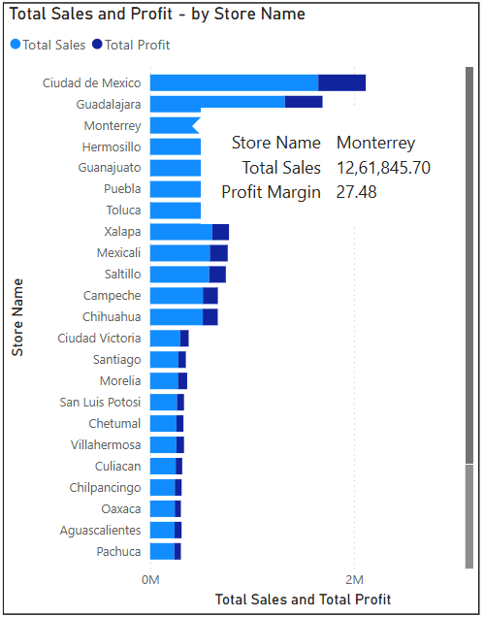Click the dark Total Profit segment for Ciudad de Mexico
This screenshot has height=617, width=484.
pyautogui.click(x=342, y=82)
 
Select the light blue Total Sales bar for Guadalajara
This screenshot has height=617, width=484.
pyautogui.click(x=217, y=102)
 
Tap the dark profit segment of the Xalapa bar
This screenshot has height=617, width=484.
pyautogui.click(x=221, y=232)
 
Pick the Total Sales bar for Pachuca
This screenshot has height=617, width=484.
pyautogui.click(x=162, y=551)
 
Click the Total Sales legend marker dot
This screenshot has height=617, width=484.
pyautogui.click(x=16, y=44)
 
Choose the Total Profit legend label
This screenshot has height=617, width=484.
pyautogui.click(x=138, y=45)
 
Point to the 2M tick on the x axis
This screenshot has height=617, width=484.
pyautogui.click(x=355, y=579)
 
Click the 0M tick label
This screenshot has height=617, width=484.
pyautogui.click(x=150, y=579)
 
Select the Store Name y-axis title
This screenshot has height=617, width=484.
pyautogui.click(x=17, y=317)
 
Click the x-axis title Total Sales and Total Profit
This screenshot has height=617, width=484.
pyautogui.click(x=303, y=600)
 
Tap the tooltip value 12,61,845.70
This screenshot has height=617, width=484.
pyautogui.click(x=383, y=168)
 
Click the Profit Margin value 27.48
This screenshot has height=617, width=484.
pyautogui.click(x=357, y=192)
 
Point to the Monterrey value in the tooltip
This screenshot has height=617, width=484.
pyautogui.click(x=375, y=143)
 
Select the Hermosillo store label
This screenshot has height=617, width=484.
pyautogui.click(x=112, y=146)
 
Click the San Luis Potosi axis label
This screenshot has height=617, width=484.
pyautogui.click(x=100, y=403)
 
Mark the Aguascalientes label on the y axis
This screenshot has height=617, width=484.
pyautogui.click(x=100, y=531)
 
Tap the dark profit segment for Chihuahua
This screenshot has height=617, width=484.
pyautogui.click(x=210, y=317)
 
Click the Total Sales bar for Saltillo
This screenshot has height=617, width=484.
pyautogui.click(x=179, y=275)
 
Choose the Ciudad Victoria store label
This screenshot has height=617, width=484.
pyautogui.click(x=99, y=339)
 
